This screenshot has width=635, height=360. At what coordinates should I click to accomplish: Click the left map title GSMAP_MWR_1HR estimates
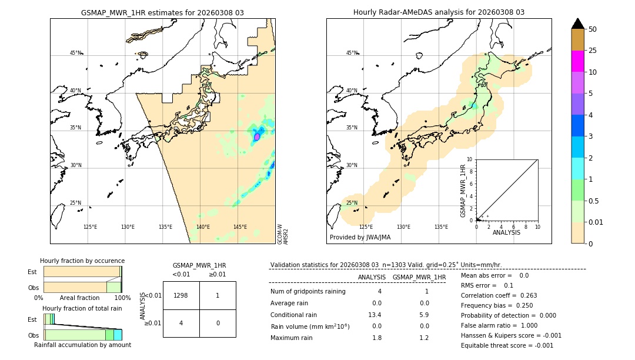pyautogui.click(x=162, y=12)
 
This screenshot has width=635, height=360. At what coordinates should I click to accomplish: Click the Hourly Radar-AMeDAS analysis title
pyautogui.click(x=439, y=12)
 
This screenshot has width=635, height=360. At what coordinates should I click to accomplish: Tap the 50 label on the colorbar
pyautogui.click(x=593, y=29)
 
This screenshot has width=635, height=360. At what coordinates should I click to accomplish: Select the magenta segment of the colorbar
pyautogui.click(x=578, y=61)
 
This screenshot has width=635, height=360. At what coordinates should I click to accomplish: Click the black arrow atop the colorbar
pyautogui.click(x=578, y=24)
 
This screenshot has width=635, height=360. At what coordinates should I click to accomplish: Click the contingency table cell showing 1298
pyautogui.click(x=181, y=295)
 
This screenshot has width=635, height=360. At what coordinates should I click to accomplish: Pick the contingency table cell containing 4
pyautogui.click(x=181, y=323)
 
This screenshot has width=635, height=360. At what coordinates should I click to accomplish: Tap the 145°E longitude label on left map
pyautogui.click(x=240, y=227)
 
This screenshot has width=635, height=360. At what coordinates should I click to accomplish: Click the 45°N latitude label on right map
pyautogui.click(x=352, y=53)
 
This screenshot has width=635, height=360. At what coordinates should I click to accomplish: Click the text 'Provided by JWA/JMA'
pyautogui.click(x=360, y=238)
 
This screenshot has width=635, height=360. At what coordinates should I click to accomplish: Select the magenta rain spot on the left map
pyautogui.click(x=256, y=136)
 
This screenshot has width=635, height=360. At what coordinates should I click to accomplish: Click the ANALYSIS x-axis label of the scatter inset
pyautogui.click(x=506, y=232)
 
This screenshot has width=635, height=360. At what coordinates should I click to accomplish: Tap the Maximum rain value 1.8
pyautogui.click(x=377, y=338)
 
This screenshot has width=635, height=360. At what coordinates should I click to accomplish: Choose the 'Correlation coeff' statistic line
pyautogui.click(x=499, y=295)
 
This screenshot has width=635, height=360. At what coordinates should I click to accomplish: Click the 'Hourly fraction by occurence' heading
pyautogui.click(x=82, y=261)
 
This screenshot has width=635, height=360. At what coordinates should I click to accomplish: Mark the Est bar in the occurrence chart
pyautogui.click(x=82, y=271)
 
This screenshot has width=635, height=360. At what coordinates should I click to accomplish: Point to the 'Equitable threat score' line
pyautogui.click(x=507, y=345)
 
